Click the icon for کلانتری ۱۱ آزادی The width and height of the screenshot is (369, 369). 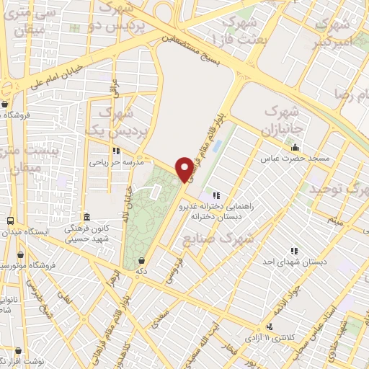270,326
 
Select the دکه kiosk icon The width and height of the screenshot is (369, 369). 140,260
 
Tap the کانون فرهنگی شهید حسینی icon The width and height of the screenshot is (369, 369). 86,217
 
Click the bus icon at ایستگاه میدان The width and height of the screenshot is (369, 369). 10,221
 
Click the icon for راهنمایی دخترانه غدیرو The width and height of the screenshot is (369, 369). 215,195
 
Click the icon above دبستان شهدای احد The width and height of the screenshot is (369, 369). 294,251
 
